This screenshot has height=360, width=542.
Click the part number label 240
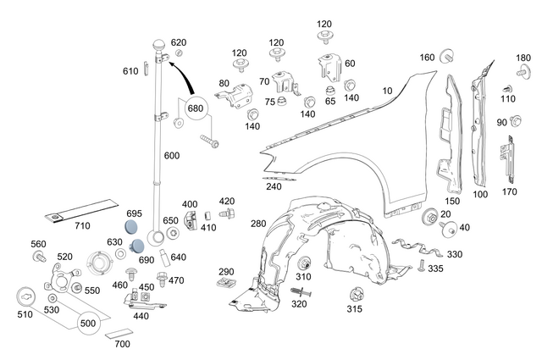coord(274,186)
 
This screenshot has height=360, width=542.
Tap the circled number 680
coord(195,108)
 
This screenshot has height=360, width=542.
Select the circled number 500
coord(88,324)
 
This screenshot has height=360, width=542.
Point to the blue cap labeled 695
coord(130,227)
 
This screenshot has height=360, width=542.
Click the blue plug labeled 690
coord(136,245)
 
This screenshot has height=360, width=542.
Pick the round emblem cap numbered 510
coord(28,298)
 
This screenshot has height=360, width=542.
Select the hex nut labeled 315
coord(356,296)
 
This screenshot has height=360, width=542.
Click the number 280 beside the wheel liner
coord(257,224)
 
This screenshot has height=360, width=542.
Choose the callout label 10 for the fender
coord(387,90)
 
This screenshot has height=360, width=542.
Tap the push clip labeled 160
coord(446,58)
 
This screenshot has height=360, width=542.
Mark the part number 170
coord(510,191)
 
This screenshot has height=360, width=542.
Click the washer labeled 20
coord(429,217)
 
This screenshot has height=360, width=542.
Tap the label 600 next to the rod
coord(171,156)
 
